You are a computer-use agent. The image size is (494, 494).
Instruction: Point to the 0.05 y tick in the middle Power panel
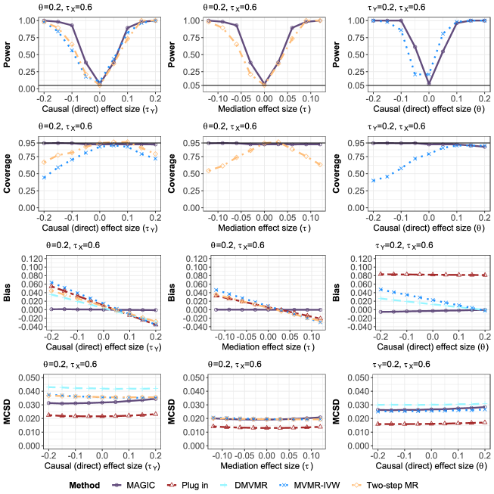coord(194,85)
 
